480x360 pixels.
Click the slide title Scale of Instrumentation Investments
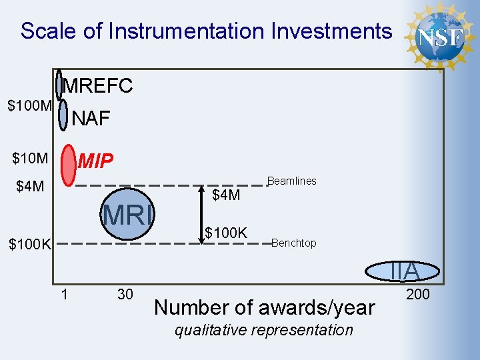click(x=206, y=31)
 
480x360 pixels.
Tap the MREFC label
click(x=98, y=85)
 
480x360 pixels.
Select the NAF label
click(x=91, y=119)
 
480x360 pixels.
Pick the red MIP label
click(x=95, y=161)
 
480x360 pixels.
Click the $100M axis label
click(x=29, y=105)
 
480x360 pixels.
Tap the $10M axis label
click(x=30, y=159)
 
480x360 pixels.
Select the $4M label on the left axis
click(x=30, y=186)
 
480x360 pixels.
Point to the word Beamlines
click(x=292, y=181)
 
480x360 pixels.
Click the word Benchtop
click(x=294, y=243)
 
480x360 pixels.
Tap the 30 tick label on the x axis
click(x=124, y=294)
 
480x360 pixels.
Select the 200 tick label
click(x=418, y=294)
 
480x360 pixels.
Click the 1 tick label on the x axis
click(x=64, y=293)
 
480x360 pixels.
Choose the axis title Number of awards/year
click(x=265, y=307)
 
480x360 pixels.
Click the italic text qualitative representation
click(x=264, y=330)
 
